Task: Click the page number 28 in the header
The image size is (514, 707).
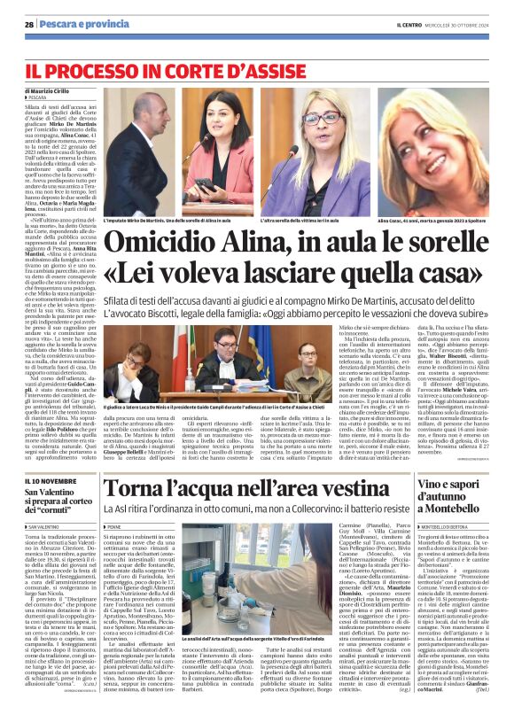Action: (x=29, y=24)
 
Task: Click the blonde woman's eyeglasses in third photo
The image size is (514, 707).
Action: (x=323, y=119)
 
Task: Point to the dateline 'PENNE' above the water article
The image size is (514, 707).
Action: (x=118, y=550)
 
